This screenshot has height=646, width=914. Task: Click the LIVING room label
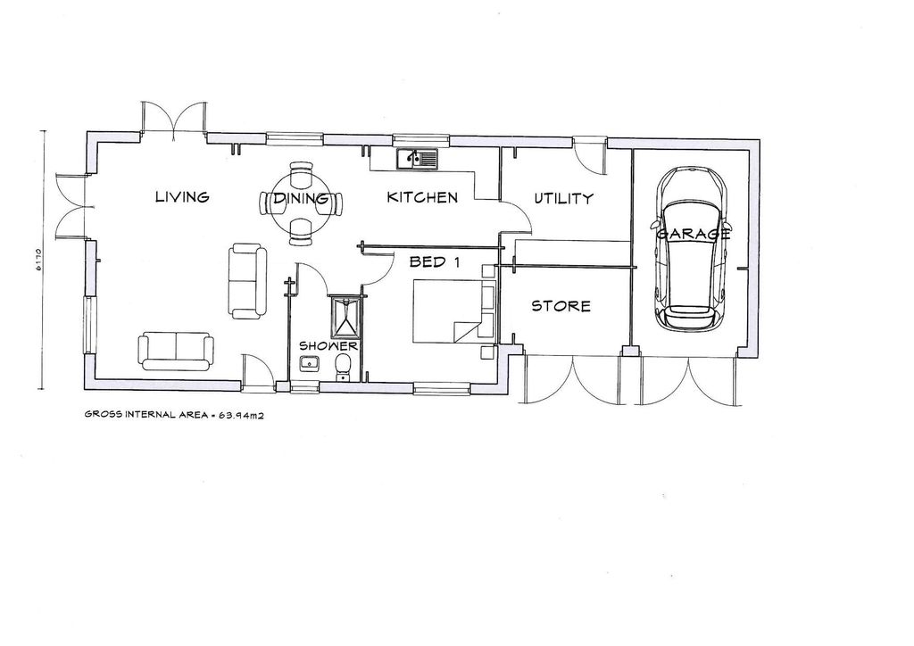tap(181, 197)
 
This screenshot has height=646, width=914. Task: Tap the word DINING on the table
tap(301, 199)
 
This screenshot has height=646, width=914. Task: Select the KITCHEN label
tap(422, 197)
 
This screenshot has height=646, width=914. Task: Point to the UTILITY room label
tap(563, 198)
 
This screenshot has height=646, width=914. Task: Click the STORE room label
tap(561, 306)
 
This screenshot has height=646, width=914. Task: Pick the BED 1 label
tap(434, 262)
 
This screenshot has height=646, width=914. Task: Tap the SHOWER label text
tap(328, 346)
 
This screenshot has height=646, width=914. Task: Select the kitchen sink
tap(418, 159)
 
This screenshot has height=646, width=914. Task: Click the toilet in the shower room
tap(343, 367)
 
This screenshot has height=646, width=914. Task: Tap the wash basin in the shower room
tap(311, 363)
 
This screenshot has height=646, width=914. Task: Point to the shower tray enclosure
tap(344, 315)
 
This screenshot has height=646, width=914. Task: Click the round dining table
tap(301, 202)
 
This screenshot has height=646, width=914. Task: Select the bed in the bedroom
tap(451, 311)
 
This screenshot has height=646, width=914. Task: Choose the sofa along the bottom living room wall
tap(177, 349)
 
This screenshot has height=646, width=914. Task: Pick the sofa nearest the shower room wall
tap(247, 280)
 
